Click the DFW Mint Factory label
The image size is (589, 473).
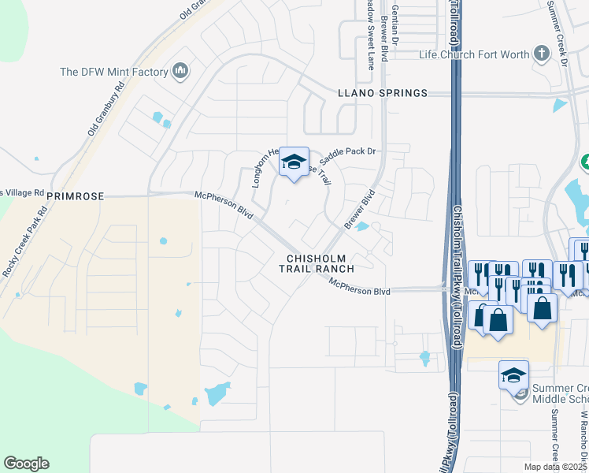coord(114,73)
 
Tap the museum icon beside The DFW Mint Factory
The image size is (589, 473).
coord(180,73)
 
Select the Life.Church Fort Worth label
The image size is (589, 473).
coord(472,54)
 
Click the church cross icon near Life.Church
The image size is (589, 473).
coord(540,54)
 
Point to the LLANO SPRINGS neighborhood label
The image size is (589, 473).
coord(382,93)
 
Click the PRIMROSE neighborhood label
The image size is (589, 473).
coord(76,195)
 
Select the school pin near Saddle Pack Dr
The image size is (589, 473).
coord(294,163)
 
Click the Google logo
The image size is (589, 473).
coord(26,464)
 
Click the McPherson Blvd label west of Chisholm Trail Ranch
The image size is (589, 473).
coord(224,206)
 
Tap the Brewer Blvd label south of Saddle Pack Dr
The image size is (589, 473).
coord(357,209)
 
